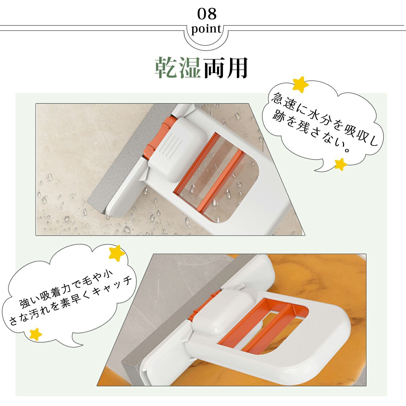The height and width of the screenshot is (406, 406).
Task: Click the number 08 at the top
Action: (207, 14)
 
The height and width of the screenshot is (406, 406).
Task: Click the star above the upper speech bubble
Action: (301, 85)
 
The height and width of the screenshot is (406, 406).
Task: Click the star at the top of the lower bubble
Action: (116, 254)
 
